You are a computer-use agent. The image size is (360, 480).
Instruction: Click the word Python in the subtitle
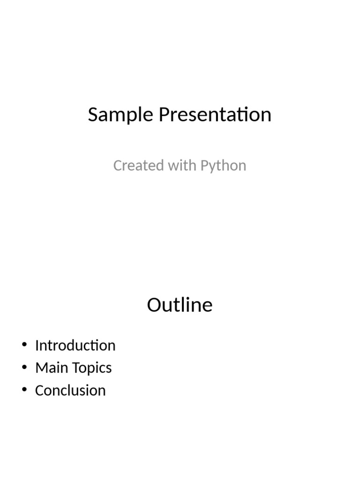[x=223, y=166]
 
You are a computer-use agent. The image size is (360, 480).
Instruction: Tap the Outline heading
[x=180, y=305]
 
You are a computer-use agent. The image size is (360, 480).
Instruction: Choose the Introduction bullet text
[x=75, y=345]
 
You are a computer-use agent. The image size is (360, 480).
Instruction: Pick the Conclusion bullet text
[x=70, y=390]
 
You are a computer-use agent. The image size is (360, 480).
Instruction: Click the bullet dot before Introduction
[x=24, y=345]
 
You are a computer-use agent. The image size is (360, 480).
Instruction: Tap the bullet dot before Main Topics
[x=24, y=368]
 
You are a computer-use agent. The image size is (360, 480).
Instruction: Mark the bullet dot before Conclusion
[x=24, y=390]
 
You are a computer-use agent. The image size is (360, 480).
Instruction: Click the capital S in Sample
[x=93, y=115]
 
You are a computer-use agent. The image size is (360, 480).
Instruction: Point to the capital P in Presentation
[x=164, y=115]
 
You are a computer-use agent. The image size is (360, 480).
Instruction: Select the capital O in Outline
[x=155, y=305]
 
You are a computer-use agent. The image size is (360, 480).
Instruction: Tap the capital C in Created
[x=118, y=165]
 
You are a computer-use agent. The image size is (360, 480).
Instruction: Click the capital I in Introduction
[x=37, y=345]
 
